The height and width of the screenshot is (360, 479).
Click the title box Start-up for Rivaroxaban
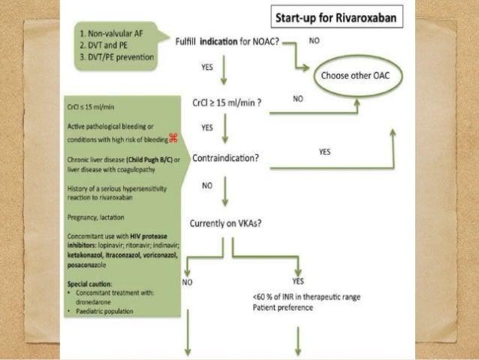pos(344,15)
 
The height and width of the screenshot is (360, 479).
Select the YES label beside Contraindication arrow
pos(324,151)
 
